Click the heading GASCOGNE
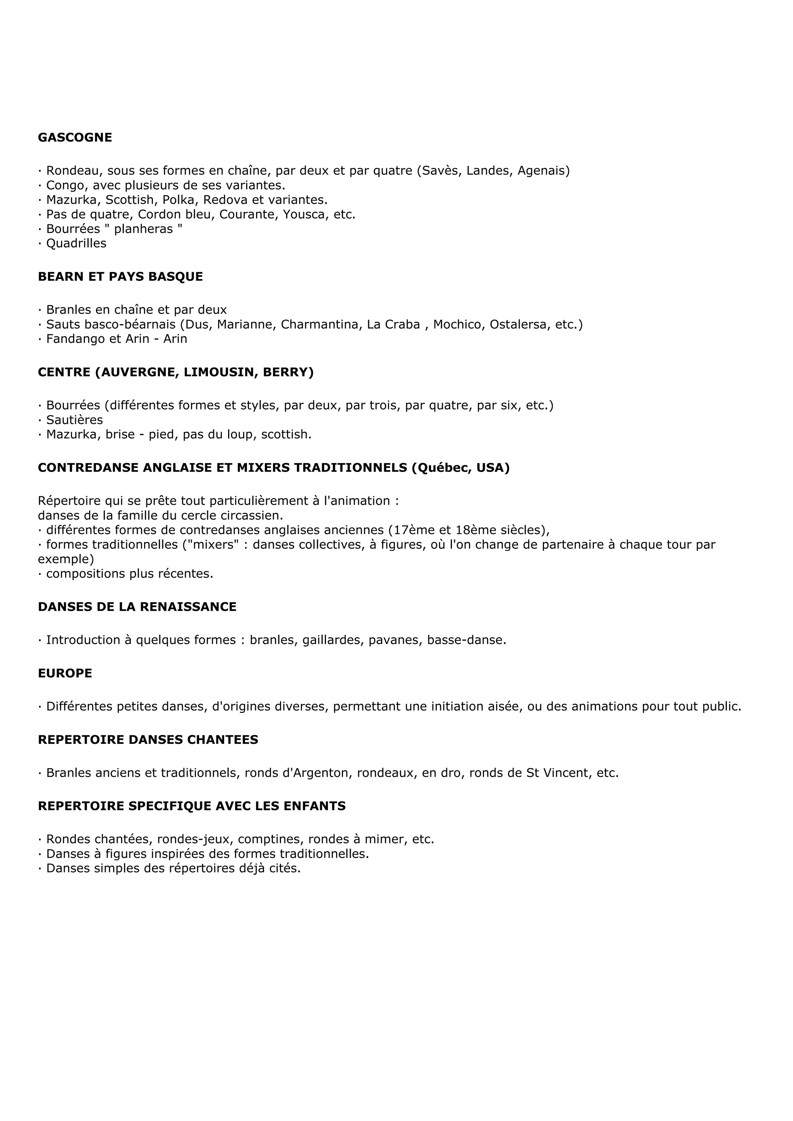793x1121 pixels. (x=75, y=138)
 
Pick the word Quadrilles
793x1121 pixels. (x=76, y=244)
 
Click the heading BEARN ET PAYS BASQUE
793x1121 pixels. (x=120, y=277)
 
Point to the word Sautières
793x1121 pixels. (x=74, y=420)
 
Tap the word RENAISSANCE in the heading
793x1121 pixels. (x=188, y=607)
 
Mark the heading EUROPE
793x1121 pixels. (x=65, y=673)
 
